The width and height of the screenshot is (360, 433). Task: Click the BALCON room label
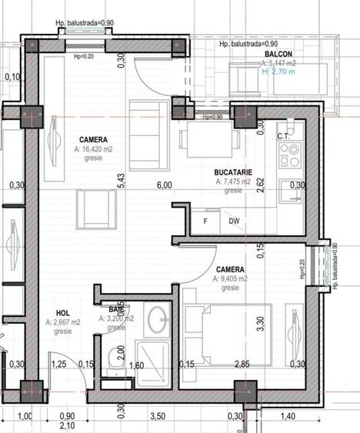click(278, 55)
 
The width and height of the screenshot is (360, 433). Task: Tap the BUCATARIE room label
click(235, 174)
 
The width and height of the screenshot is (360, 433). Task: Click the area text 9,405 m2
click(230, 279)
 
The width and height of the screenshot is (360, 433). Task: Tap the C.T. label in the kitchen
click(283, 137)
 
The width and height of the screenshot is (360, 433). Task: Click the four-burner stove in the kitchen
click(289, 156)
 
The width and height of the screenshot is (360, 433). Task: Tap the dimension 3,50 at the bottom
click(158, 417)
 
